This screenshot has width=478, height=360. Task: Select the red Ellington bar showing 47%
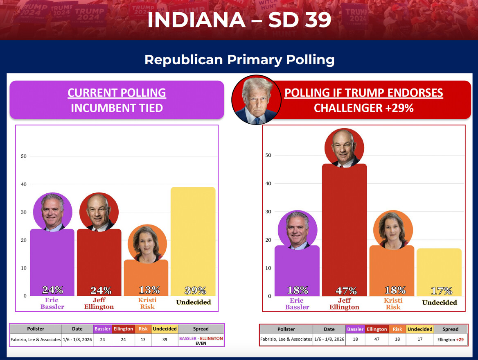coord(344,229)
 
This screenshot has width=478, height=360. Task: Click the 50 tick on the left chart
coord(24,156)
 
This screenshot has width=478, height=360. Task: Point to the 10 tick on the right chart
coord(268,268)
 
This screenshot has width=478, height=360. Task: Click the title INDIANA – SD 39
coord(239,20)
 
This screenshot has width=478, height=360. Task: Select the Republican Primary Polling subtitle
coord(239,60)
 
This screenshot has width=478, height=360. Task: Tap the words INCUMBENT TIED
coord(117,108)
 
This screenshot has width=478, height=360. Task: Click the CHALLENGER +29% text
coord(363,108)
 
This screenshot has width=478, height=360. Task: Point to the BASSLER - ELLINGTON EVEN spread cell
coord(201,341)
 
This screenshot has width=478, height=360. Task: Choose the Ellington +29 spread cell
coord(450,340)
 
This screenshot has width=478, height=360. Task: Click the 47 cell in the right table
coord(377,339)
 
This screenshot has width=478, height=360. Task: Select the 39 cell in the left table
coord(165,339)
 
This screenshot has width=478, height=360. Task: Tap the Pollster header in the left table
coord(36,328)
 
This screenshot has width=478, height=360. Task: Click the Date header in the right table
coord(329,329)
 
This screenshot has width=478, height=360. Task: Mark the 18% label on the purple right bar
coord(298,290)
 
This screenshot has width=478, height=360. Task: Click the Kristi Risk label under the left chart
coord(147,303)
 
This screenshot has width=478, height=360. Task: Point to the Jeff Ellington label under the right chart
coord(344,303)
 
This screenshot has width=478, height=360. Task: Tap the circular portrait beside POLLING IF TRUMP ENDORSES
coord(256,100)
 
